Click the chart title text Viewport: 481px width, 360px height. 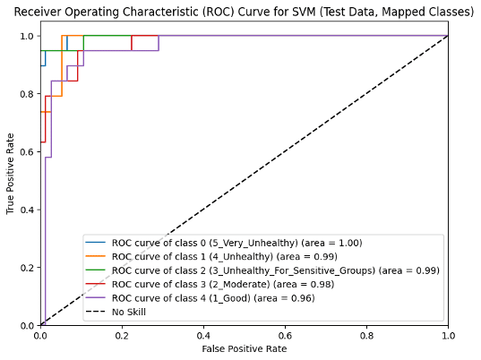pos(244,12)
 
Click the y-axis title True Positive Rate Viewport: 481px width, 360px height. pos(11,174)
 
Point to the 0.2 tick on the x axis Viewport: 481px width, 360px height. pos(122,335)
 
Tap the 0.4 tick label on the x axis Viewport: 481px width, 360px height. pos(203,335)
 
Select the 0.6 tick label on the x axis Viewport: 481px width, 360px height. pos(285,335)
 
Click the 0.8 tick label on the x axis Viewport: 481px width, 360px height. pos(366,335)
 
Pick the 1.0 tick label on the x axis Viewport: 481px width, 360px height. pos(448,335)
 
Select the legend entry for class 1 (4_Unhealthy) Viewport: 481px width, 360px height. pos(224,256)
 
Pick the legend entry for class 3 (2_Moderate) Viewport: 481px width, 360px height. pos(223,283)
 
